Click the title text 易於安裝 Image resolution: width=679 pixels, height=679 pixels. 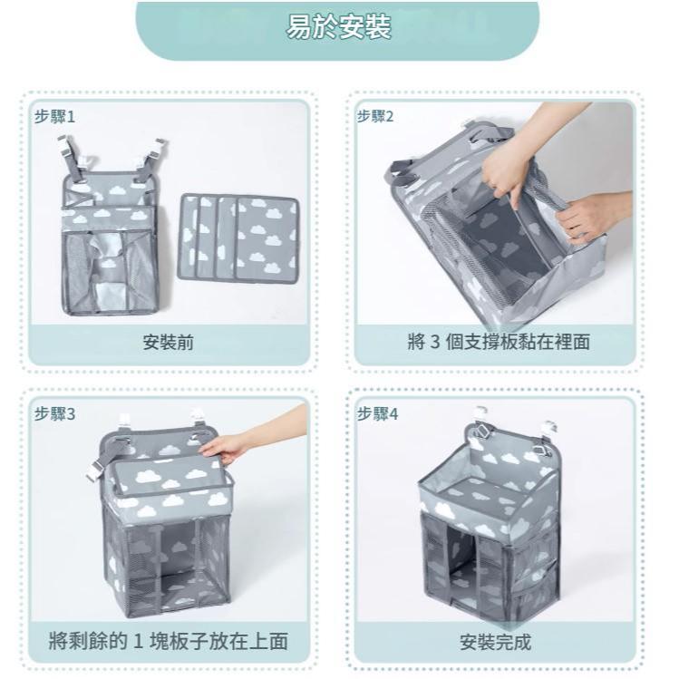tap(339, 27)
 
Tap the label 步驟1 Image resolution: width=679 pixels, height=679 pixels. tap(55, 116)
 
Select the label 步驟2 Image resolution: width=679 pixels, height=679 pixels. tap(375, 116)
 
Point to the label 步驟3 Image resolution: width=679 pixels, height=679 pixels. tap(55, 414)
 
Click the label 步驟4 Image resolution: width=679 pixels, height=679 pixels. tap(377, 414)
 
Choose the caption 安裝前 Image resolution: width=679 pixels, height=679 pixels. tap(169, 343)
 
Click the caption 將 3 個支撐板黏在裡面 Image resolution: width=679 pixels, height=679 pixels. tap(499, 342)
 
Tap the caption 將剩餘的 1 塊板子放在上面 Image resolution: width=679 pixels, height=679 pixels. tap(169, 641)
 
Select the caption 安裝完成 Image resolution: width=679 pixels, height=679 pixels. tap(495, 642)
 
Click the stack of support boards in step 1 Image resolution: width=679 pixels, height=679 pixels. tap(238, 239)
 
